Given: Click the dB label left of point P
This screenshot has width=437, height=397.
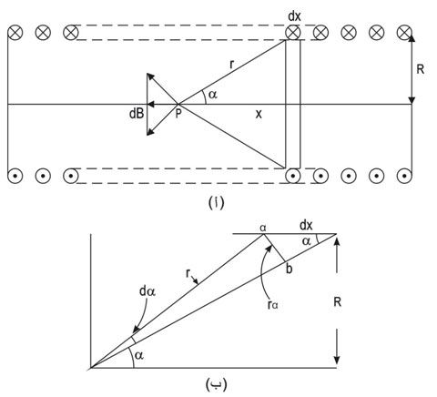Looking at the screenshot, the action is click(x=137, y=114).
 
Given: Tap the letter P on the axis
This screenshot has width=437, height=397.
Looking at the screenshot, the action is click(x=178, y=114).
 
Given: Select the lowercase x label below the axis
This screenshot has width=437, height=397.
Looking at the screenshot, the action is click(x=259, y=114).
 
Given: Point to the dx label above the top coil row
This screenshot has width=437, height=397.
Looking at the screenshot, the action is click(x=294, y=16).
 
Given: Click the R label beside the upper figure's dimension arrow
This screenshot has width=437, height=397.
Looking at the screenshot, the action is click(x=421, y=69).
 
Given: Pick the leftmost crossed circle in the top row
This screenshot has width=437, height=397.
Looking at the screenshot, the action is click(x=15, y=33).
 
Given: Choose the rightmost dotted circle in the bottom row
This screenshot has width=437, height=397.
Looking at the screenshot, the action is click(x=404, y=176).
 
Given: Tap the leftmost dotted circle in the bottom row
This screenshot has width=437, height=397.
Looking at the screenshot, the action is click(x=15, y=176).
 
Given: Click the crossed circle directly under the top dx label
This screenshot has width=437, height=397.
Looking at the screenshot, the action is click(x=293, y=33).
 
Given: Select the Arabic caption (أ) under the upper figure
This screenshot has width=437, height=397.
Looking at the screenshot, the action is click(x=217, y=203).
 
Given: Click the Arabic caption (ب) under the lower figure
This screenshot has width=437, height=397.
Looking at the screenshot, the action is click(x=217, y=384).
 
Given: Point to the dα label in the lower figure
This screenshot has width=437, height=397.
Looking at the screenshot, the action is click(x=147, y=291).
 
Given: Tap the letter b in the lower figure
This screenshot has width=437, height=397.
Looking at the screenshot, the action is click(x=290, y=269).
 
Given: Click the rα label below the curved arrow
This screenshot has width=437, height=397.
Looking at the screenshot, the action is click(x=273, y=305).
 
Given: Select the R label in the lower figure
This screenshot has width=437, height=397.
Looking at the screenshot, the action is click(x=337, y=302).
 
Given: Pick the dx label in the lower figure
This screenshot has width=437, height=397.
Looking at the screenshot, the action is click(x=306, y=226).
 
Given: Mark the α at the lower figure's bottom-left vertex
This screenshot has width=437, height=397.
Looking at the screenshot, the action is click(x=139, y=355).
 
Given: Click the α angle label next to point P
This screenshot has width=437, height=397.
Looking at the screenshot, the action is click(x=213, y=95).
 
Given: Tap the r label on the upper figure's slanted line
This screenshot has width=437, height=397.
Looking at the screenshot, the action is click(x=232, y=65).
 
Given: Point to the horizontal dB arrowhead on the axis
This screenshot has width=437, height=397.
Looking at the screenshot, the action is click(x=151, y=105).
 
